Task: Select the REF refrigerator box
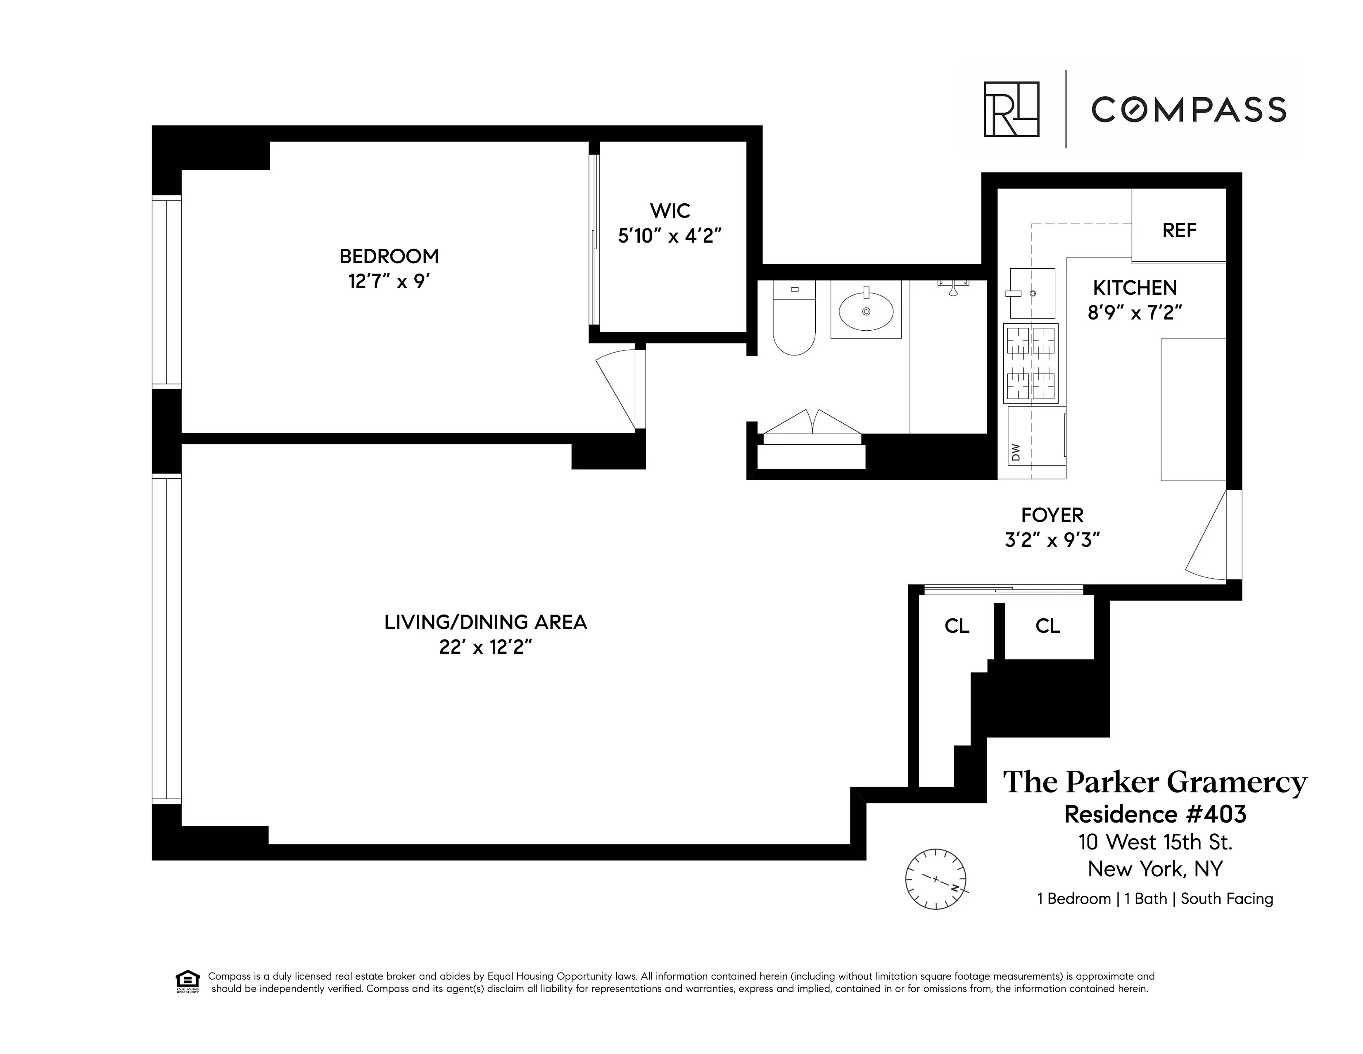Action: [1178, 230]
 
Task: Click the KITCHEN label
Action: [1135, 288]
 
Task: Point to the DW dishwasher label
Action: [1015, 452]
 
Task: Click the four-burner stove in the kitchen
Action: [1031, 363]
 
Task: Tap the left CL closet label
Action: [957, 626]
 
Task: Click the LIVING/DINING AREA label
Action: [486, 622]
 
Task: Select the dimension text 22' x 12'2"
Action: [486, 648]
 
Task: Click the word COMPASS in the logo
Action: [1188, 110]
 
